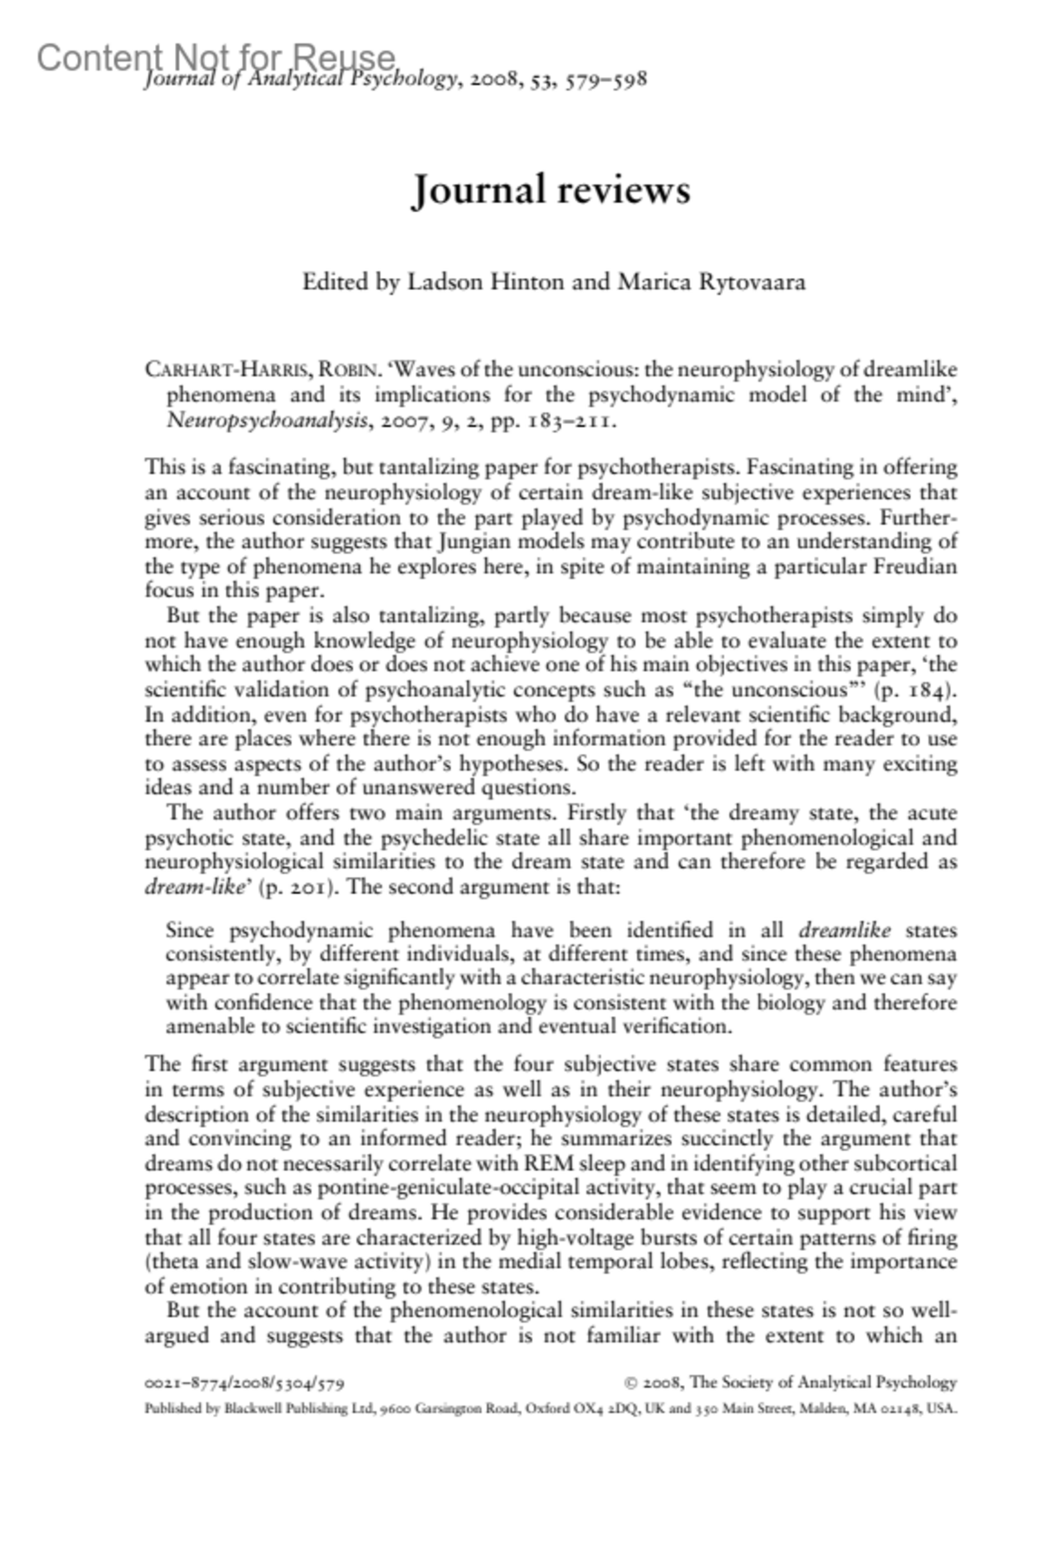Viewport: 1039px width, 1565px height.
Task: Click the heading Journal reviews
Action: pos(551,190)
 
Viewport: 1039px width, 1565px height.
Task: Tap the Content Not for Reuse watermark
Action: pos(216,58)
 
